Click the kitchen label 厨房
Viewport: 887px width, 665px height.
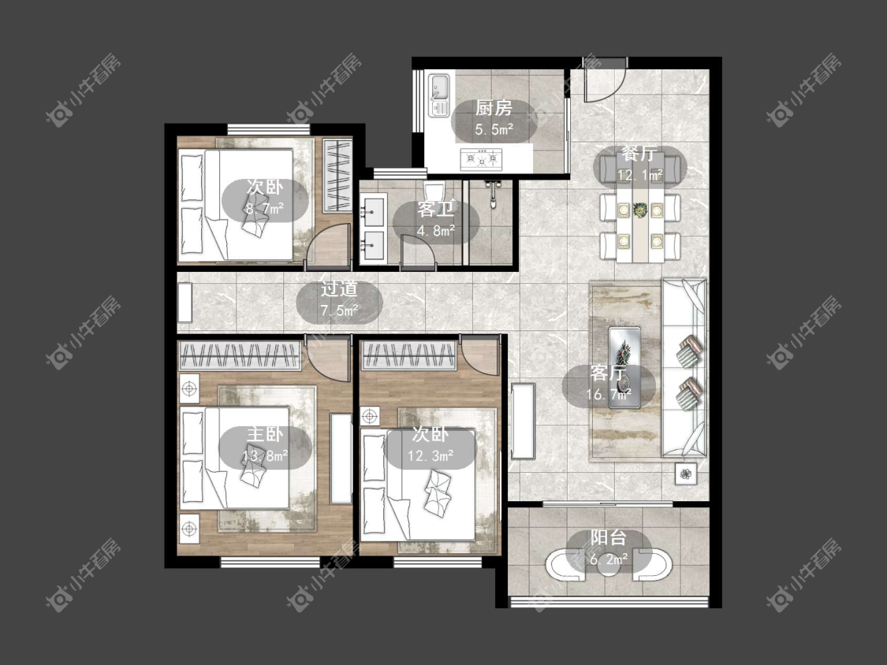(x=494, y=108)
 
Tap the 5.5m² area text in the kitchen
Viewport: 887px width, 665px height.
(x=494, y=129)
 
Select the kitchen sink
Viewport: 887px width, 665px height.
(x=439, y=95)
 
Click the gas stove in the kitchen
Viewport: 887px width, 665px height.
(x=481, y=159)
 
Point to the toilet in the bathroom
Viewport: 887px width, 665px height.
(x=434, y=191)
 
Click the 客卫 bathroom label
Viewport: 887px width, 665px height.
(x=435, y=210)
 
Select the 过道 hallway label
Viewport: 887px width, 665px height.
(x=339, y=289)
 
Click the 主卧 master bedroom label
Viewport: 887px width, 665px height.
(x=265, y=434)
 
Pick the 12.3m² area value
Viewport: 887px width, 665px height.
(x=431, y=455)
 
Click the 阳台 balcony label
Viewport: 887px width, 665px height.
(x=609, y=538)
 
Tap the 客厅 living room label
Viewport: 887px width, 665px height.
(x=608, y=373)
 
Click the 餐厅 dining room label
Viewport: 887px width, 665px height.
(x=639, y=154)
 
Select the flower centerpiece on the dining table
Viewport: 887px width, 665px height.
(x=640, y=210)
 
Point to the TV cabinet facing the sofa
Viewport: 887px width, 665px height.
(x=524, y=421)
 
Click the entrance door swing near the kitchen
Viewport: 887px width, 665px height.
(x=605, y=79)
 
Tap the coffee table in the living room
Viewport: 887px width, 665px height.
(x=624, y=367)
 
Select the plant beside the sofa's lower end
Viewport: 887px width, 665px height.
(x=686, y=474)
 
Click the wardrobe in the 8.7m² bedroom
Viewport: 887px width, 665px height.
(x=337, y=175)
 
